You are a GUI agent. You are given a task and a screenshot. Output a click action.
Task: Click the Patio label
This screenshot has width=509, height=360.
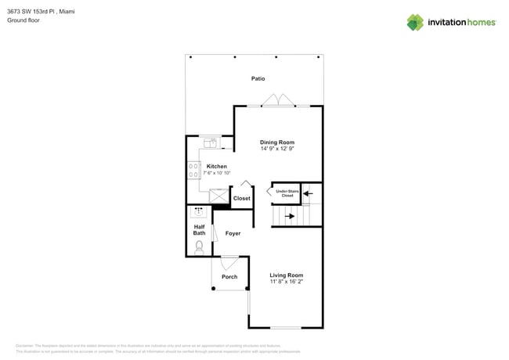258,78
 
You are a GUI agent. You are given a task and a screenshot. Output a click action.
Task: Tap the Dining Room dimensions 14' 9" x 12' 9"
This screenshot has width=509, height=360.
277,149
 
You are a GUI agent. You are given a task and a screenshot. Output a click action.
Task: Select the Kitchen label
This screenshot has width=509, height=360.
217,166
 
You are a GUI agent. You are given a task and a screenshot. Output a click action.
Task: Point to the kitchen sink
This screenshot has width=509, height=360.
210,142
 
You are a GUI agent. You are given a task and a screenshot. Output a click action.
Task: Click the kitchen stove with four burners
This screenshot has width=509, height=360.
193,169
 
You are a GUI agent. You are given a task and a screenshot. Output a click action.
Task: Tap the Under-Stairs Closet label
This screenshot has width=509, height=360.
287,193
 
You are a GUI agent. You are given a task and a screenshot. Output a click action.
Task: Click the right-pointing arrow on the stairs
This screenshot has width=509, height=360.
289,215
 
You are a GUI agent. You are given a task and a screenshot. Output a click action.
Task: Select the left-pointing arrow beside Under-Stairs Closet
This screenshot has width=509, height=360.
307,192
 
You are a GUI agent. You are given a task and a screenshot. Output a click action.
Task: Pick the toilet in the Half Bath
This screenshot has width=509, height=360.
199,247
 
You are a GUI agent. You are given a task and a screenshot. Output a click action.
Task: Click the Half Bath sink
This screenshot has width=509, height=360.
198,211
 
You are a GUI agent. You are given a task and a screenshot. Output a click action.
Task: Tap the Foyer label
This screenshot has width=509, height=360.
233,233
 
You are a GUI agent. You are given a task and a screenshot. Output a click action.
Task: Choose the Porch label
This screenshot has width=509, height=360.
229,276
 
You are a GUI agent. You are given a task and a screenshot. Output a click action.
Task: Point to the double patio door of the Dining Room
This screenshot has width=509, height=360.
278,101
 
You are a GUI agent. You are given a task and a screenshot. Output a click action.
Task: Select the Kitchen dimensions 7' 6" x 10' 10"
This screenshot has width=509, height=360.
217,173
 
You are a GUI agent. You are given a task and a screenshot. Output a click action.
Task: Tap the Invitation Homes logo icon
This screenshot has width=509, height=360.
414,23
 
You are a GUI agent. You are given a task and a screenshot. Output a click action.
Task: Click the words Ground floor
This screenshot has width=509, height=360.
23,20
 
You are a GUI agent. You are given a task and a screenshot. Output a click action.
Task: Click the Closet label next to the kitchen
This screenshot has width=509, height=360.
242,198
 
